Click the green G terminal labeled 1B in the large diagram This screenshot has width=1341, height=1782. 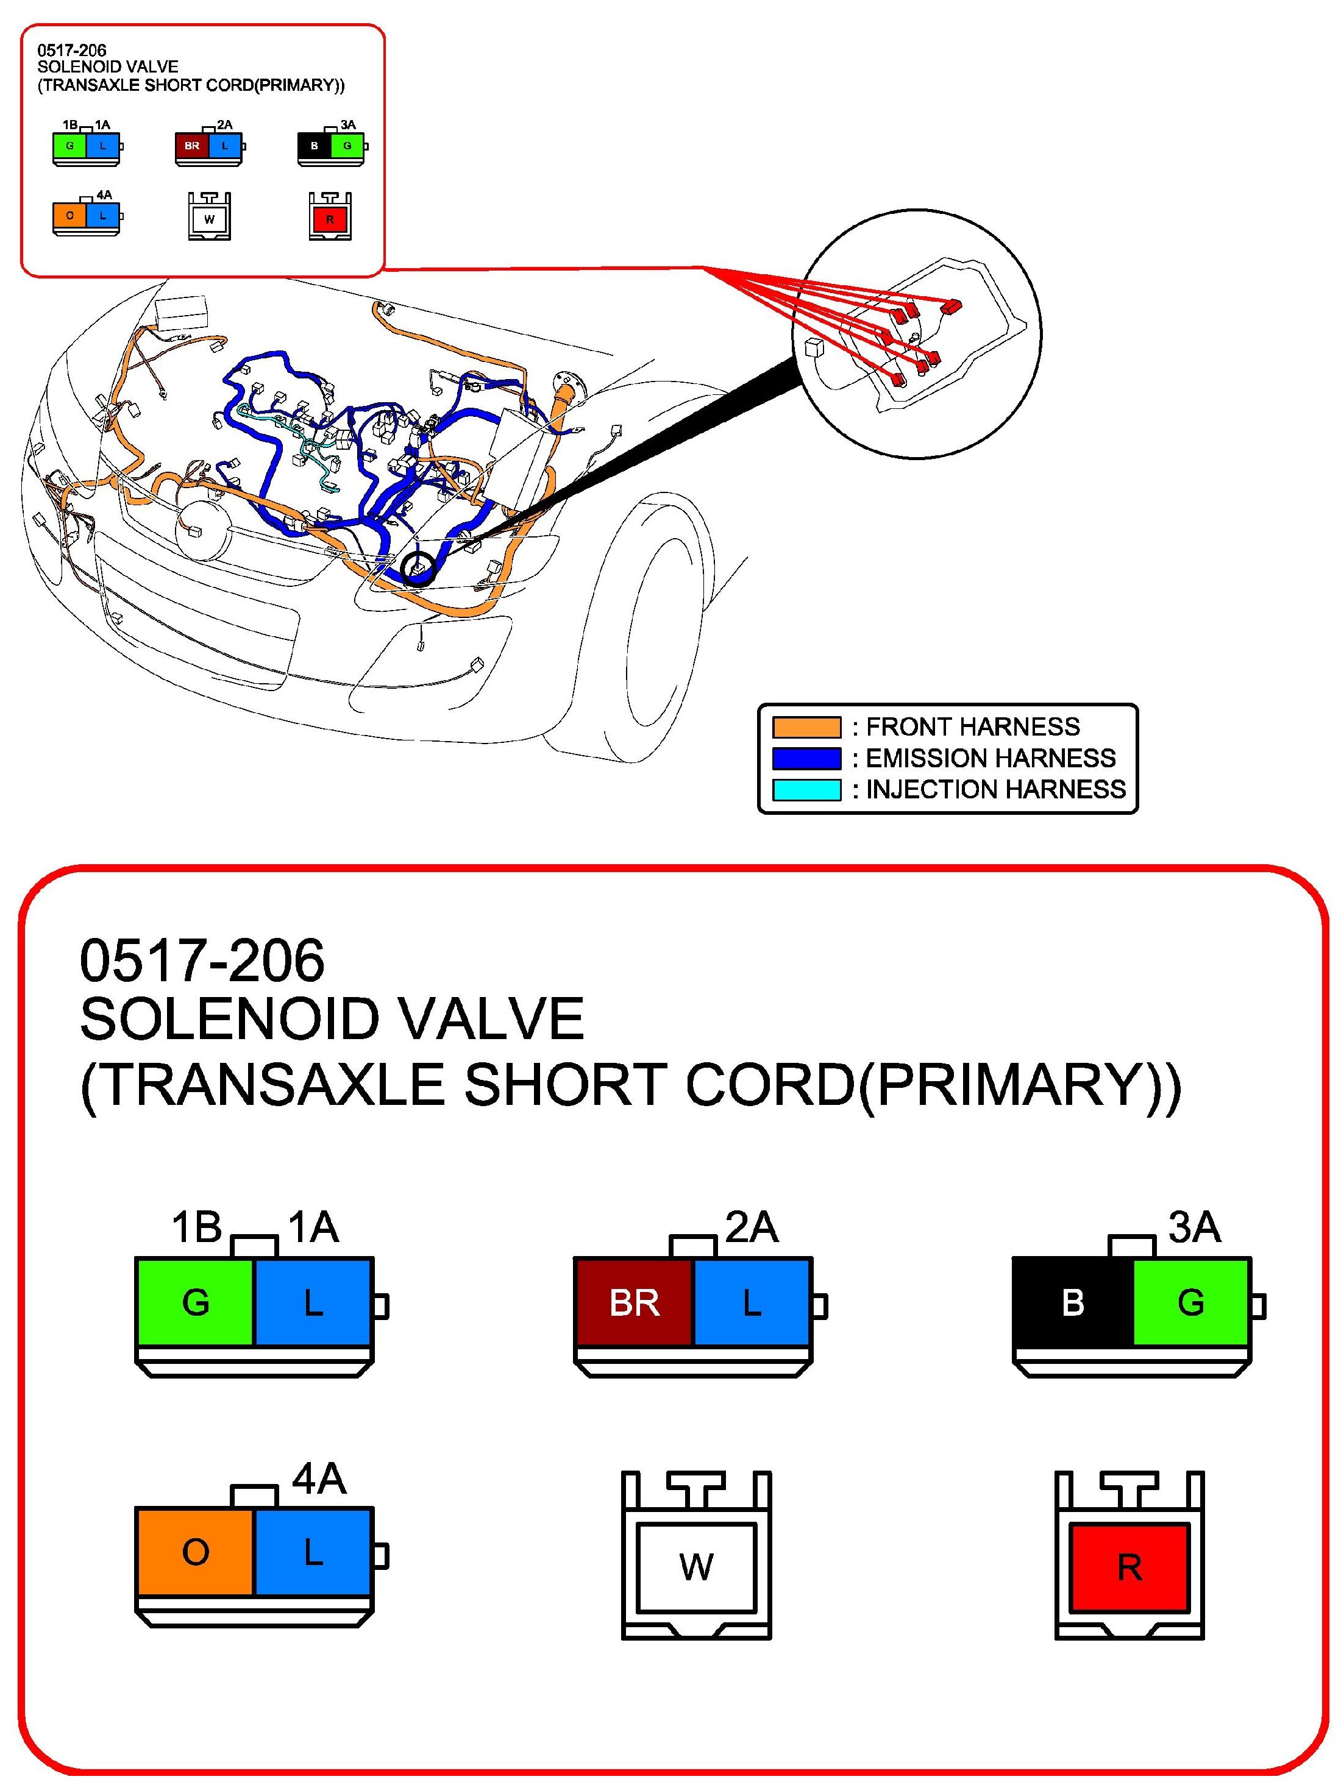pyautogui.click(x=196, y=1302)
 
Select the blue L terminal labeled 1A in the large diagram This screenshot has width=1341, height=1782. pyautogui.click(x=313, y=1302)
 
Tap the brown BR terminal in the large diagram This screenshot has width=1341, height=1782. pyautogui.click(x=633, y=1302)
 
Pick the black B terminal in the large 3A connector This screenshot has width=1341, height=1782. pyautogui.click(x=1073, y=1302)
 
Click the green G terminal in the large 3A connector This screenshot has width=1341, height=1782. pyautogui.click(x=1190, y=1302)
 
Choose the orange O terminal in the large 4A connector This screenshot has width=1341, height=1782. pyautogui.click(x=196, y=1552)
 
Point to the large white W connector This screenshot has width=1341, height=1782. pyautogui.click(x=695, y=1567)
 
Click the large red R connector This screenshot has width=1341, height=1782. pyautogui.click(x=1129, y=1567)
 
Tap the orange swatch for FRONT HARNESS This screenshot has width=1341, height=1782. pyautogui.click(x=806, y=728)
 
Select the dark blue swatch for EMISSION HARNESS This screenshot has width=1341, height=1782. pyautogui.click(x=806, y=758)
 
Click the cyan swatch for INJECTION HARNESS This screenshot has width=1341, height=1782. pyautogui.click(x=806, y=789)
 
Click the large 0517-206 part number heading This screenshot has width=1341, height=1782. pyautogui.click(x=202, y=960)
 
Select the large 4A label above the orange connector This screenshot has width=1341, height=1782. pyautogui.click(x=319, y=1479)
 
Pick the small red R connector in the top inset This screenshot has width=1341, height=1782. pyautogui.click(x=330, y=218)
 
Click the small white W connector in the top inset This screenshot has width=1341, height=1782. pyautogui.click(x=208, y=218)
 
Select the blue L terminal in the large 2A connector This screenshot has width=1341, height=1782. pyautogui.click(x=751, y=1302)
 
